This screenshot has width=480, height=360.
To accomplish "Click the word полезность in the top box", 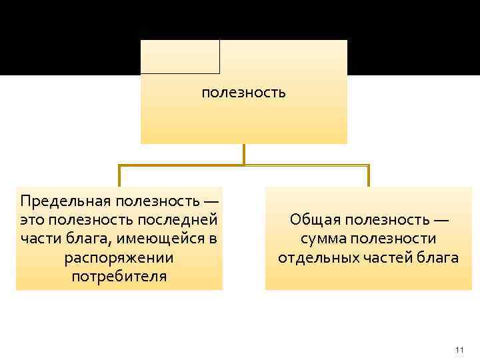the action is coord(243,93).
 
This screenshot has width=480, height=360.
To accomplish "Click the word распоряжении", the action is coord(119,257).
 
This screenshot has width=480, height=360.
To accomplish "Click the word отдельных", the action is coord(315,257).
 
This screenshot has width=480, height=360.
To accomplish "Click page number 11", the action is coord(459,350).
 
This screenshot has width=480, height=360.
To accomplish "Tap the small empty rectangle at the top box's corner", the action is coord(180,57).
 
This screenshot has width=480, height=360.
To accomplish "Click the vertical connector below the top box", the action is coord(244,154).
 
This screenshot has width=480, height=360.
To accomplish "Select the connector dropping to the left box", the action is coord(120,175).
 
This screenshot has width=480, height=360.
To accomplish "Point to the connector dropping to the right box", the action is coord(368,175).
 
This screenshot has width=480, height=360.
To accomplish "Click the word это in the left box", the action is coord(34,219).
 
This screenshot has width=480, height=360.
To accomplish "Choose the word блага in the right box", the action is coord(440,257).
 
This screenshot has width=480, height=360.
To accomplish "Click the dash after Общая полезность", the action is coord(440,220).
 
